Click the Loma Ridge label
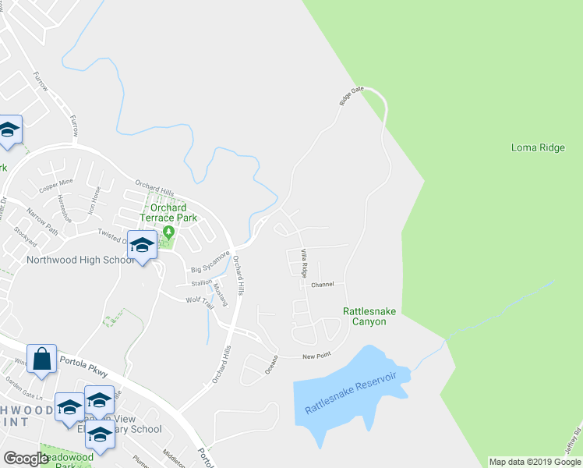[538, 147]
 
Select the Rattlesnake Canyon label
[369, 316]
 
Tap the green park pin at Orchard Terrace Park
[169, 232]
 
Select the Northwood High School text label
[76, 261]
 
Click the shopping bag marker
[42, 360]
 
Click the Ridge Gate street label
[352, 97]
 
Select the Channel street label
[322, 285]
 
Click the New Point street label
[317, 356]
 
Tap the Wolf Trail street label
[199, 302]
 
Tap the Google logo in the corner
[26, 459]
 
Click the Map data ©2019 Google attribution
[535, 462]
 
